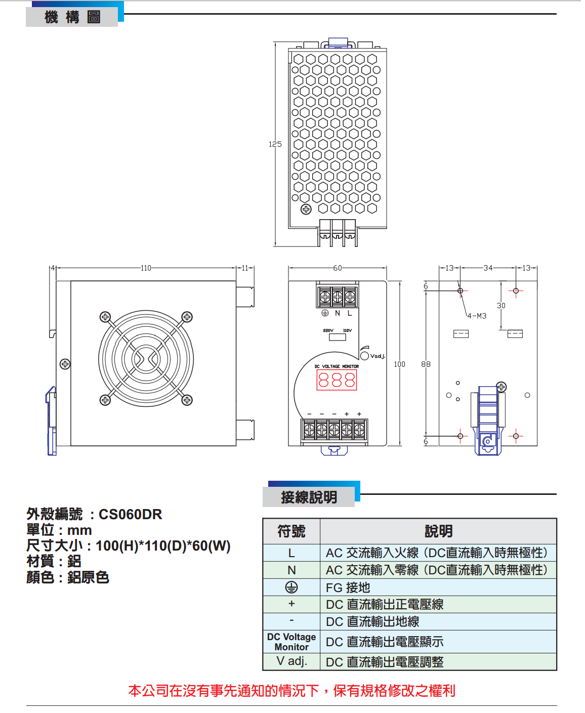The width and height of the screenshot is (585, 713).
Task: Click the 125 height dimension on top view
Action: [275, 144]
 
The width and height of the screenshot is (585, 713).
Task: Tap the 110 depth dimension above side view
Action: [146, 268]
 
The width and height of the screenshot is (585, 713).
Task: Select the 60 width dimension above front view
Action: [338, 268]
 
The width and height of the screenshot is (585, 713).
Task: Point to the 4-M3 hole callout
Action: [476, 316]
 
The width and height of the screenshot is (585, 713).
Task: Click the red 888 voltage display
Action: [337, 380]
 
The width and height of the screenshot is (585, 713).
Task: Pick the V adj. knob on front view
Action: [364, 356]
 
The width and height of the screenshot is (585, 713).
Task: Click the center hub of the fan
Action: [146, 359]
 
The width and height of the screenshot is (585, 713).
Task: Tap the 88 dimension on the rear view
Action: [426, 364]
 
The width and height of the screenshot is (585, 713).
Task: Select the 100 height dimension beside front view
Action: [399, 364]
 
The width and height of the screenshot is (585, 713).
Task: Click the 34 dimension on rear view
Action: [488, 268]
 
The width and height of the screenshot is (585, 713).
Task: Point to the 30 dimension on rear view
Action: [501, 306]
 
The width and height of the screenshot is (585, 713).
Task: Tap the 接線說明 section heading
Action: [309, 497]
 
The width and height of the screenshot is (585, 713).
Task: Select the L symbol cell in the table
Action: [291, 553]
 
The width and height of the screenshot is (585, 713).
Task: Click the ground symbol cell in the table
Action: [291, 587]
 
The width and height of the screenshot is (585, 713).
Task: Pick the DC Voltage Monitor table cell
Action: [291, 642]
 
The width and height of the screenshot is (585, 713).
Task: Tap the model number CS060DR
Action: [130, 515]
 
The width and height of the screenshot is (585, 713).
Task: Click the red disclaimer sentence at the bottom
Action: [292, 691]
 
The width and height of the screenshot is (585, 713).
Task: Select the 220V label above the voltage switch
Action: [328, 330]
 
